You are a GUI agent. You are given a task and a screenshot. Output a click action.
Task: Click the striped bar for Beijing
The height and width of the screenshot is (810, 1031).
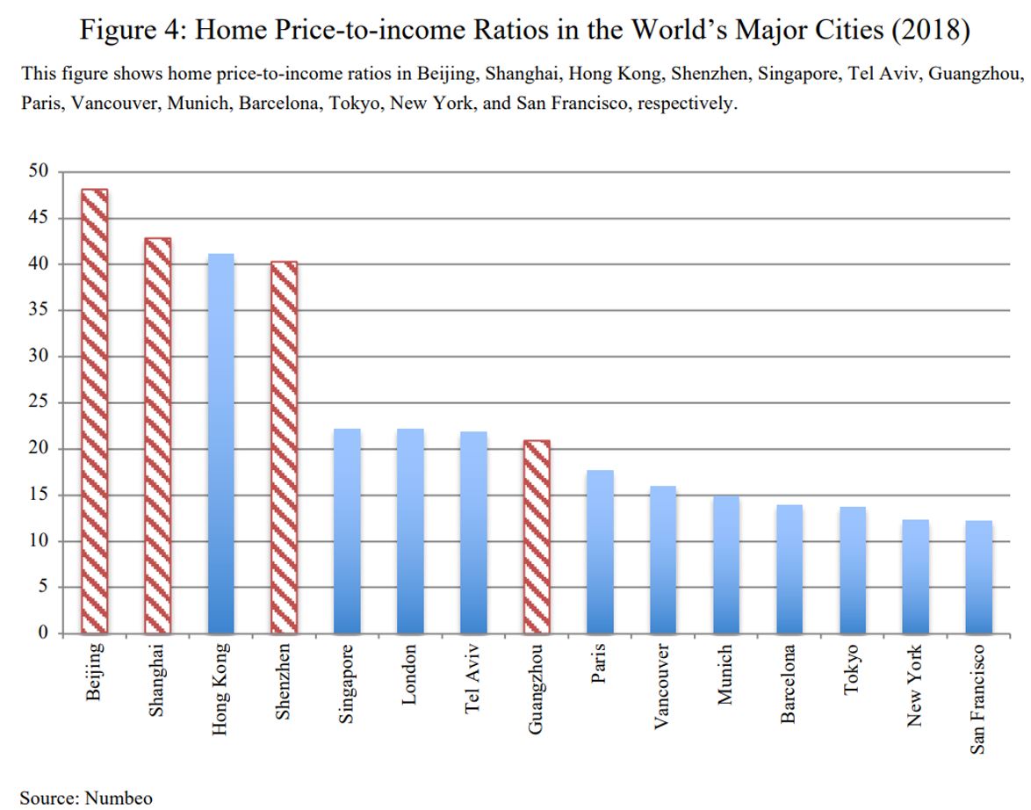[95, 411]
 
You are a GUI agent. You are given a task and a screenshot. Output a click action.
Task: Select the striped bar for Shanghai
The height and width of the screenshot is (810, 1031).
[158, 435]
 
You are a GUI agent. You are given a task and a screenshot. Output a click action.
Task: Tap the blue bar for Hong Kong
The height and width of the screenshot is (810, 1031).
[221, 443]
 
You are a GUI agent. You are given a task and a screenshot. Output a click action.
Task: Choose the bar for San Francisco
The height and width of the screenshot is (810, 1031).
[978, 576]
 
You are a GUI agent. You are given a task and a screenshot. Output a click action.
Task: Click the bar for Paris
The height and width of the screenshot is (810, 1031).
[600, 552]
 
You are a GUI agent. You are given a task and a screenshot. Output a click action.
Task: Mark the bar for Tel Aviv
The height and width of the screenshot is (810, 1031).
[473, 532]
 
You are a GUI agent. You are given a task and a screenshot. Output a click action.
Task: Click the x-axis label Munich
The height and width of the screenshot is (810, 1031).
[725, 675]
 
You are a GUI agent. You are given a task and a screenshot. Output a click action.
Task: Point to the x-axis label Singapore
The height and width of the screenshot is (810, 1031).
[347, 683]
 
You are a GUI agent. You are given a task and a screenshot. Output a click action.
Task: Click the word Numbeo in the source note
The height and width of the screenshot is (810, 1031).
[119, 798]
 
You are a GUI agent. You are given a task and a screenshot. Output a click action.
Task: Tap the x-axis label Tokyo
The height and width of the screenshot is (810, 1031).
[852, 669]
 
